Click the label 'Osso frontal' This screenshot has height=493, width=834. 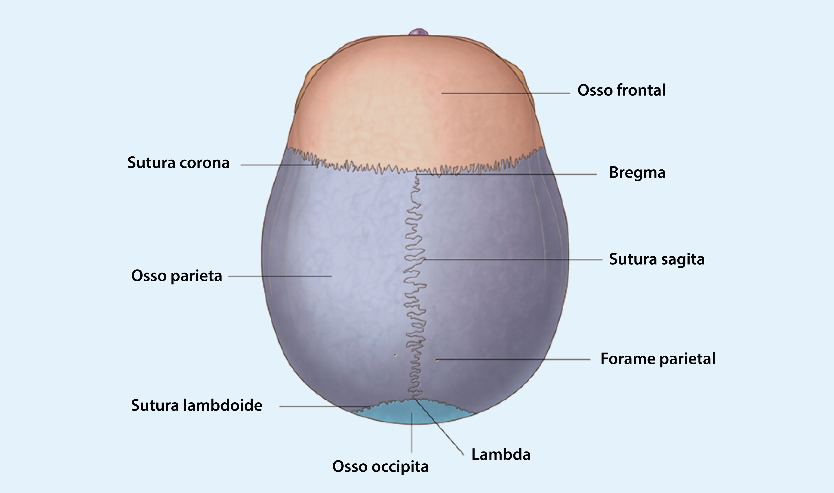(621, 90)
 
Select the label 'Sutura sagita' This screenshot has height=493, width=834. (656, 260)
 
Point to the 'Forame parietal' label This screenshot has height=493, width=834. (657, 359)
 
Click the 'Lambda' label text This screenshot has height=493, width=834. (501, 454)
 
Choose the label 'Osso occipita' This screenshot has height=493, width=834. (380, 467)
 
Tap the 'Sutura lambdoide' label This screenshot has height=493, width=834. (196, 406)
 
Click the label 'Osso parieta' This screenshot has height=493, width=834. (176, 276)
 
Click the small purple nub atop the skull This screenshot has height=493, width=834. (419, 32)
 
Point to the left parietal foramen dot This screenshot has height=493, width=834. (395, 355)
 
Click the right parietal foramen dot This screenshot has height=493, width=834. (437, 360)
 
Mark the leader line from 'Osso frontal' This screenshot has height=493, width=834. (505, 93)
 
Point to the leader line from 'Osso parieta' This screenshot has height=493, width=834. (279, 276)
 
